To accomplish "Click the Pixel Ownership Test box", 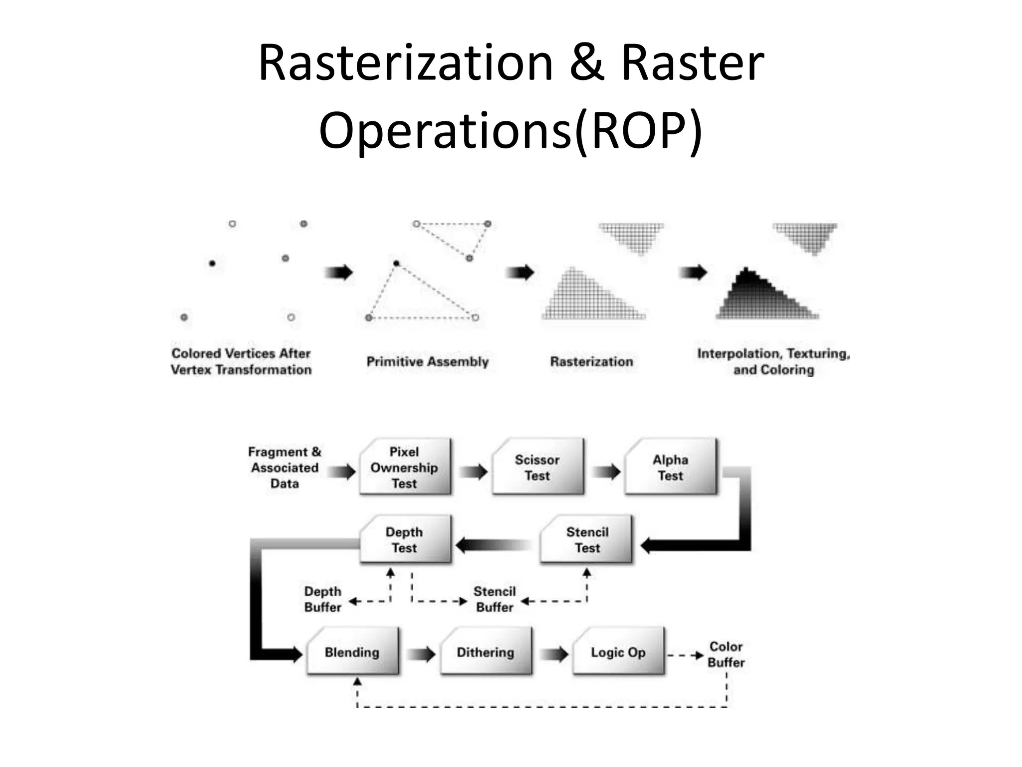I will pyautogui.click(x=405, y=467).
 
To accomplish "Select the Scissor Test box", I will pyautogui.click(x=537, y=467).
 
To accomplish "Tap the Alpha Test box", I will pyautogui.click(x=670, y=467).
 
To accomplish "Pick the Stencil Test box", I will pyautogui.click(x=587, y=540).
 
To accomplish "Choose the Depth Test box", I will pyautogui.click(x=405, y=540).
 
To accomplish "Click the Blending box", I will pyautogui.click(x=352, y=652).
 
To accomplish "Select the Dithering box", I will pyautogui.click(x=486, y=652).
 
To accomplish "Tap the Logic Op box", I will pyautogui.click(x=618, y=652).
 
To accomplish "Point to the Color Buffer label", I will pyautogui.click(x=726, y=654).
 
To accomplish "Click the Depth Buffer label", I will pyautogui.click(x=323, y=599).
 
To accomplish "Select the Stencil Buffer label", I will pyautogui.click(x=495, y=599).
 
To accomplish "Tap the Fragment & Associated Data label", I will pyautogui.click(x=284, y=467).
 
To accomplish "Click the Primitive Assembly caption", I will pyautogui.click(x=428, y=362).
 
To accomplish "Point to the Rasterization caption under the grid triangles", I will pyautogui.click(x=591, y=362).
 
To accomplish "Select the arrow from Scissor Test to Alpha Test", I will pyautogui.click(x=606, y=471).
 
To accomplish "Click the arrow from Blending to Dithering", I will pyautogui.click(x=421, y=654).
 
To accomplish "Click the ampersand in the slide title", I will pyautogui.click(x=587, y=63).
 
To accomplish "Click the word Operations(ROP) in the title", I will pyautogui.click(x=511, y=130).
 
